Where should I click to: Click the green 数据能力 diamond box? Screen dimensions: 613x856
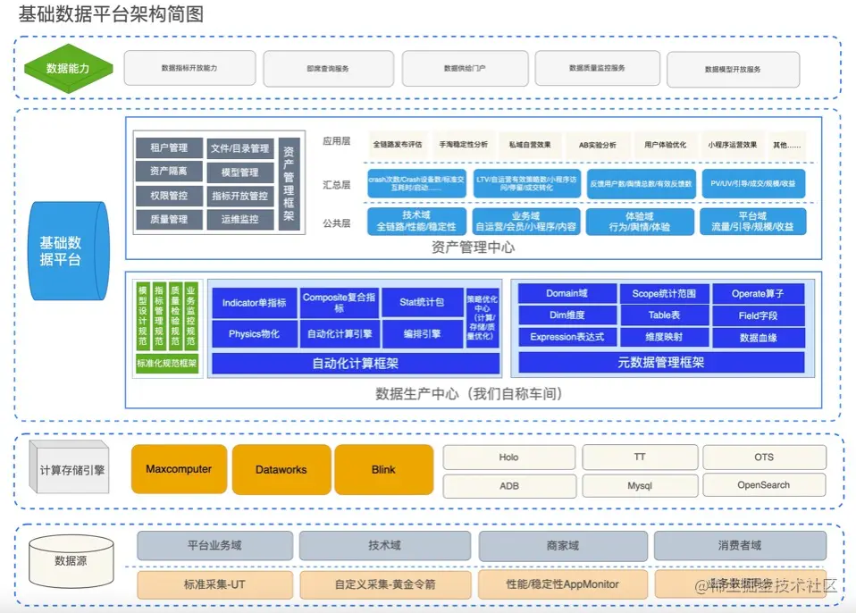[68, 68]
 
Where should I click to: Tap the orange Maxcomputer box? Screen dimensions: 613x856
[179, 469]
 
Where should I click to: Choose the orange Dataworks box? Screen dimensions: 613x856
[281, 469]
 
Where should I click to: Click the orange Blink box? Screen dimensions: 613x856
[383, 469]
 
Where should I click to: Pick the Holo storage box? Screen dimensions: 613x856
[508, 458]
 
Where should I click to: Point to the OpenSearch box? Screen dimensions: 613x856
[763, 485]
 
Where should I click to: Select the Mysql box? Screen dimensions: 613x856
[640, 485]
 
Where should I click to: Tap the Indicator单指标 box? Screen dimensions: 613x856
[254, 303]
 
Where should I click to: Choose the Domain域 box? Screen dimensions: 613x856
[566, 293]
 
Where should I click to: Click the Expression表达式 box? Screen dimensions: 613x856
[566, 337]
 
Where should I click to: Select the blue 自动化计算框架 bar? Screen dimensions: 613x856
[355, 364]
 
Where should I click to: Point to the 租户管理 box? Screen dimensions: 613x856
[168, 147]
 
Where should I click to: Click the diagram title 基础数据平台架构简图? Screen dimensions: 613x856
[111, 13]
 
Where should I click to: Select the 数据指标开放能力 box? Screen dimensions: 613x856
[189, 68]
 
